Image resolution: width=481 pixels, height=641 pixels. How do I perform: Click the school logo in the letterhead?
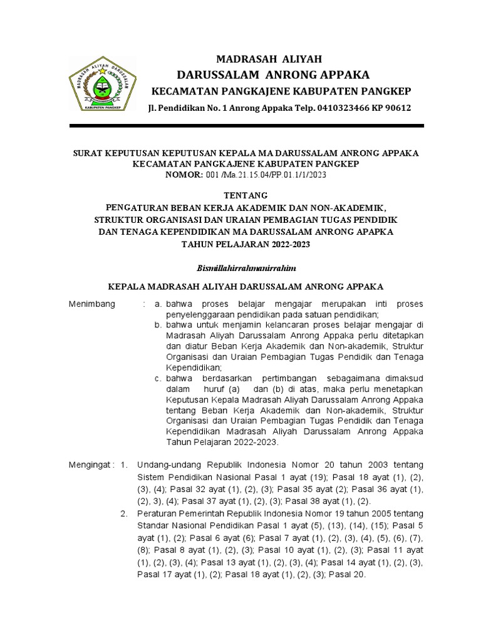(103, 85)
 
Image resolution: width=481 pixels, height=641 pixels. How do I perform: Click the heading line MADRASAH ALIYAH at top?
(269, 59)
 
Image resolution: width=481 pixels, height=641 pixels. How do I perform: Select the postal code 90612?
(398, 108)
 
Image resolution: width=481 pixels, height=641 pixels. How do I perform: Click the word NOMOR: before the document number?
(184, 175)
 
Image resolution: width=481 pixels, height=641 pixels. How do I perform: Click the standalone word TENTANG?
(246, 195)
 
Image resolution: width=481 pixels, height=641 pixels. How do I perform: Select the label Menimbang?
(92, 304)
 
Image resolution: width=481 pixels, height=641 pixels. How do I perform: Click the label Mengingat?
(91, 465)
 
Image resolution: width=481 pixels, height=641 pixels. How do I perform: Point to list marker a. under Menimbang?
(158, 304)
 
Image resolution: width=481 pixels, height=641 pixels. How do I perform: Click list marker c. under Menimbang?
(158, 379)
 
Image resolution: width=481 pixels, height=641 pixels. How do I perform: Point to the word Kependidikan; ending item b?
(194, 367)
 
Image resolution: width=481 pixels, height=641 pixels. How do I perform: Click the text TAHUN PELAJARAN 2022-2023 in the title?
(246, 244)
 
